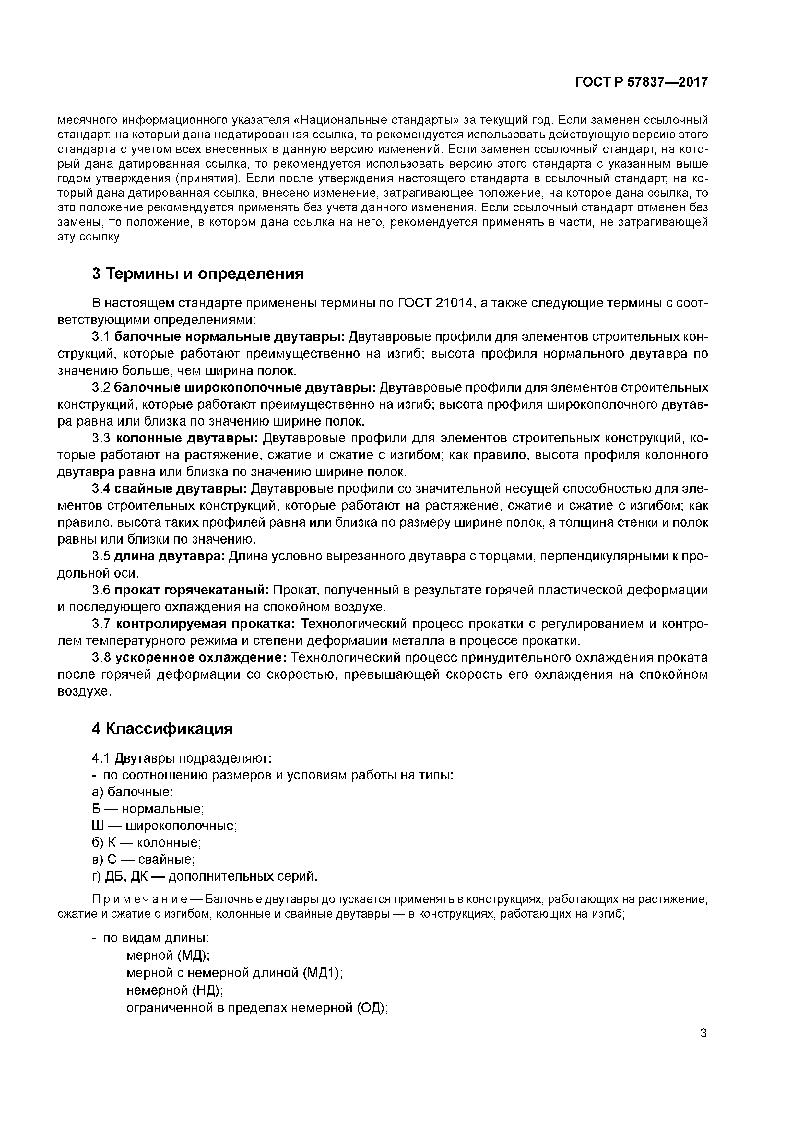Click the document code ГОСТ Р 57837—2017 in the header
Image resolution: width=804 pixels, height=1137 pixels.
click(641, 82)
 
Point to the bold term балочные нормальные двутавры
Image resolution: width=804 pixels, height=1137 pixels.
click(229, 337)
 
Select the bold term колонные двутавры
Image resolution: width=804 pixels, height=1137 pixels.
click(187, 438)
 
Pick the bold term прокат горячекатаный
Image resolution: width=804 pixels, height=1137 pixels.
click(192, 590)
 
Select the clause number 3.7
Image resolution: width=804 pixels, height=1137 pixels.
click(101, 624)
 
